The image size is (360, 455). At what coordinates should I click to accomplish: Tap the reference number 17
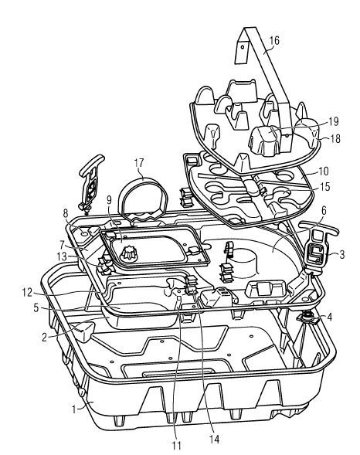[140, 164]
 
